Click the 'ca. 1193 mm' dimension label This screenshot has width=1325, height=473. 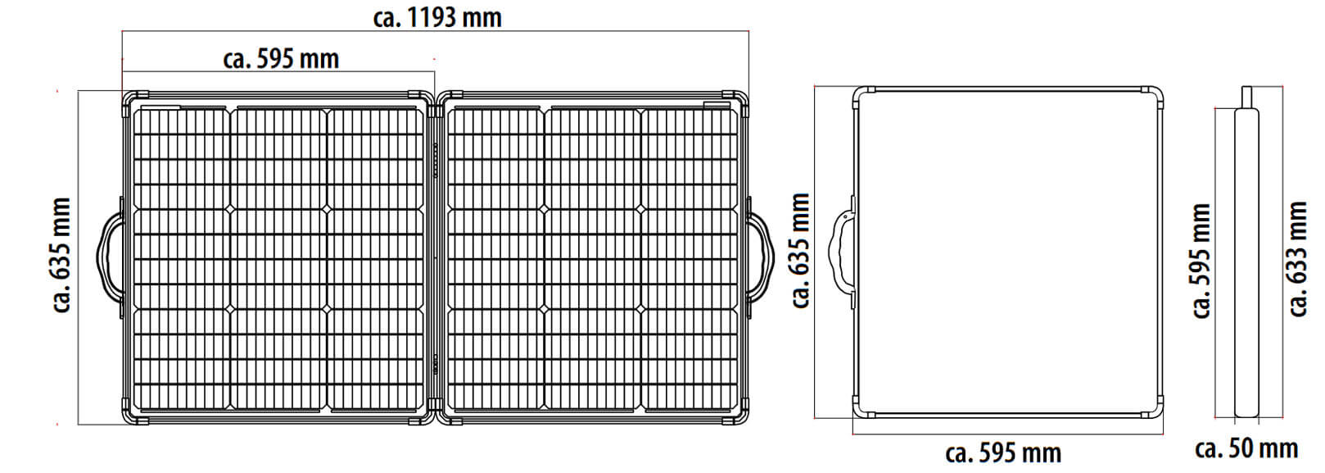[436, 17]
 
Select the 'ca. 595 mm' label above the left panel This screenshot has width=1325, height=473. [281, 59]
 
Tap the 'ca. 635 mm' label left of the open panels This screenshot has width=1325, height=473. [62, 255]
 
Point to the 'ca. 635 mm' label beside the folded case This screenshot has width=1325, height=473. [800, 251]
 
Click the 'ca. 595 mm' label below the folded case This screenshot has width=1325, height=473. [1002, 453]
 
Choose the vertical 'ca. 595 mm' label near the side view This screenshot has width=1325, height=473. [1201, 262]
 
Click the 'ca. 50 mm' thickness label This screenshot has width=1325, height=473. [1246, 449]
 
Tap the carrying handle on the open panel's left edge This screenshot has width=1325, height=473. [110, 256]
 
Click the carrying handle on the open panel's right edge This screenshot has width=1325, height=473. [761, 256]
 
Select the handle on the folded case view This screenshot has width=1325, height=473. [841, 249]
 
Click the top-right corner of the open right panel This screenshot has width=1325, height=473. [739, 99]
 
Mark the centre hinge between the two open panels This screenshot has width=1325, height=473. [436, 256]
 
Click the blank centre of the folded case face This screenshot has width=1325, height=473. [1007, 251]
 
